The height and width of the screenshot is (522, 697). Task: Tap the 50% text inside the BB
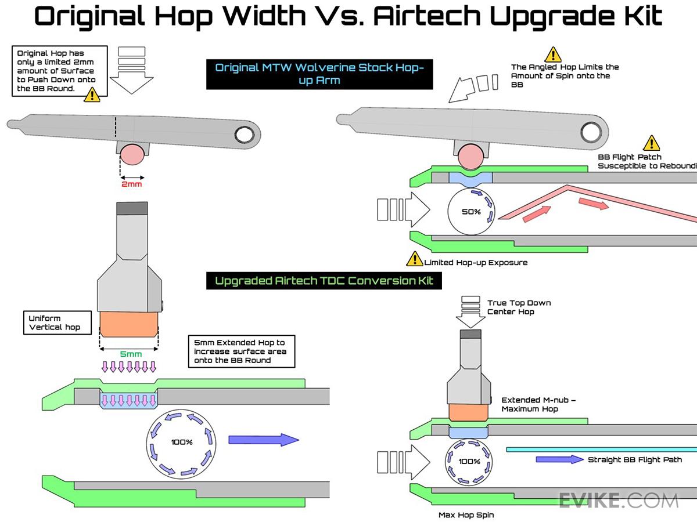coord(471,212)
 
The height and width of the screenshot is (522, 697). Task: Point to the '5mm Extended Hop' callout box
coord(240,351)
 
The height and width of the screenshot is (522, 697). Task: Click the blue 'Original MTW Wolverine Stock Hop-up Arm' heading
coord(319,74)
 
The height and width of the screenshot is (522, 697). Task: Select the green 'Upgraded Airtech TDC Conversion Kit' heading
coord(324,281)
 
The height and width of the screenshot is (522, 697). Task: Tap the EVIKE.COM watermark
coord(619,500)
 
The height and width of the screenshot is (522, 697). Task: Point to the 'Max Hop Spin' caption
coord(466,514)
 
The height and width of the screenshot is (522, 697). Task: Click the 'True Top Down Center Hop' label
coord(519,307)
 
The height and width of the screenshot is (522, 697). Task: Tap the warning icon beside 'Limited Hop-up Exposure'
coord(415,259)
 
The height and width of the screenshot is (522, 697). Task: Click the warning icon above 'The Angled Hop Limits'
coord(552,55)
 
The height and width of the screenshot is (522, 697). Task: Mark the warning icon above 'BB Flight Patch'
coord(651,143)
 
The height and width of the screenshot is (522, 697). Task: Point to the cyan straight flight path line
coord(601,449)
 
